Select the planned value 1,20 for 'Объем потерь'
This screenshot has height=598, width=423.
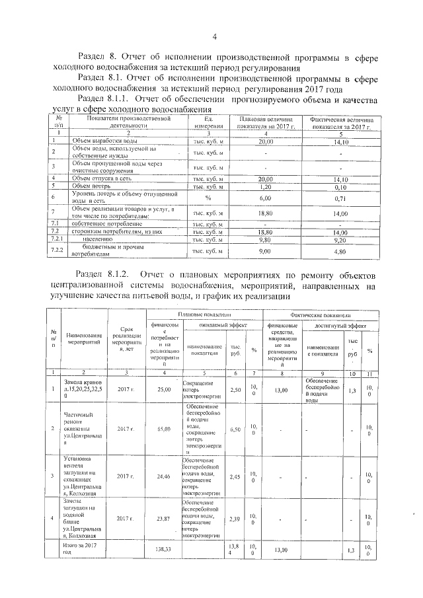click(265, 186)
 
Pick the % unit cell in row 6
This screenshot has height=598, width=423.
click(208, 198)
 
